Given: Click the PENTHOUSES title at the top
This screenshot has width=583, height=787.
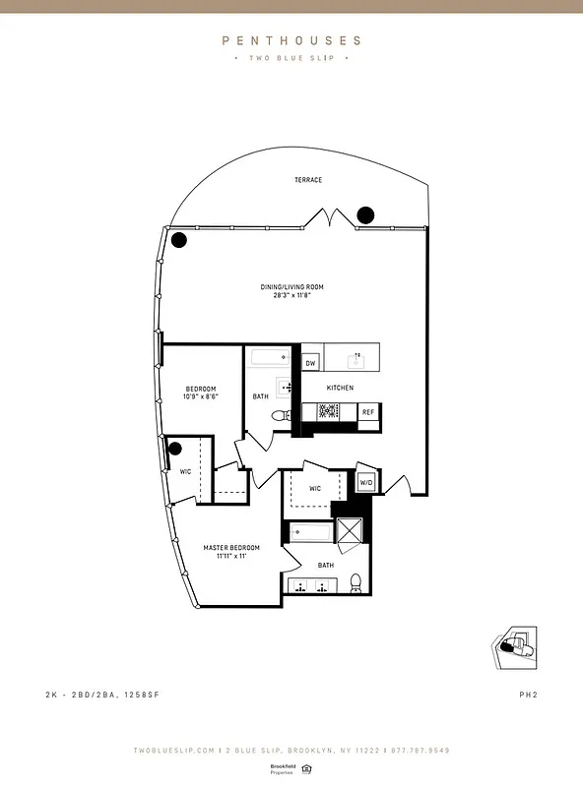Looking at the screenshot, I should (291, 41).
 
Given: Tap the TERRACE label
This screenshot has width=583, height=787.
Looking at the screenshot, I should (308, 180).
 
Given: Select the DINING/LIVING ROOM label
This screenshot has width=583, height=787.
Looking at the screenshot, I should (291, 287).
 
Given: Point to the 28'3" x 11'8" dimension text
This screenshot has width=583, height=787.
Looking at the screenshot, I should (291, 295).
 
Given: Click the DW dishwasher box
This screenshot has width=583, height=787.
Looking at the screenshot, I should (310, 364).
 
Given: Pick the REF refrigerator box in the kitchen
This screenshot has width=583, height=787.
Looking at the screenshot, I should (368, 412).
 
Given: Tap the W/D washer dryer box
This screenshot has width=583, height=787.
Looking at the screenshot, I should (365, 482).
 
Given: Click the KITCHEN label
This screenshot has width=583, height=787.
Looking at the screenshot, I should (341, 389).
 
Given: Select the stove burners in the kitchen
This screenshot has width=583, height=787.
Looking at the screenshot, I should (328, 412).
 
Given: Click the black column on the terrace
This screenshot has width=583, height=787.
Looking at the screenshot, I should (365, 213).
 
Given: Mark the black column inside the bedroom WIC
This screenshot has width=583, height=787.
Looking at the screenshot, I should (175, 450).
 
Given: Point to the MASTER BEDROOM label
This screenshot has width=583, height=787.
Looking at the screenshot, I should (231, 548).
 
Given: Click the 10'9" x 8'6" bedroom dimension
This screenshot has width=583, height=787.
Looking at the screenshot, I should (201, 397).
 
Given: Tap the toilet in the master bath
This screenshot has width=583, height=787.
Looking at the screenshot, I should (356, 585).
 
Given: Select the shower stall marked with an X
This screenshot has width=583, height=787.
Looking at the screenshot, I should (350, 532).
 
